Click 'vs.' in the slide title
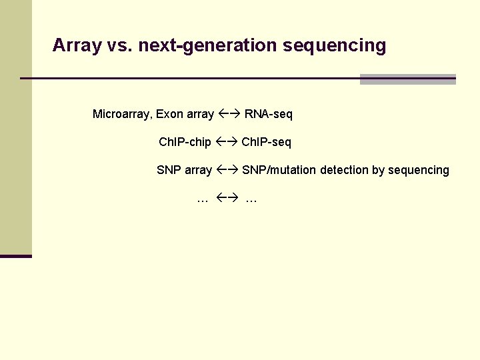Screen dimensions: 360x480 coord(119,45)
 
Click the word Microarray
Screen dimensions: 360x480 coord(122,114)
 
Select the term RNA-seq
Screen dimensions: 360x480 coord(268,114)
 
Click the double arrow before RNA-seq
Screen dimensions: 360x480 coord(229,114)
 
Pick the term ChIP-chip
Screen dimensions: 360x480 coord(185,142)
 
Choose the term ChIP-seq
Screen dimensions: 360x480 coord(266,142)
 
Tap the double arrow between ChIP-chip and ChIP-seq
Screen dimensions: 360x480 coord(226,142)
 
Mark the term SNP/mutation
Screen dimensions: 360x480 coord(279,170)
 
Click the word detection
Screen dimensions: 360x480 coord(344,170)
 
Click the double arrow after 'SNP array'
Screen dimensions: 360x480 coord(227,170)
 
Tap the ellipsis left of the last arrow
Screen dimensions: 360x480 coord(203,199)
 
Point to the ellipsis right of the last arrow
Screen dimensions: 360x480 coord(251,199)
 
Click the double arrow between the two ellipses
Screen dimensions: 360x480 coord(227,198)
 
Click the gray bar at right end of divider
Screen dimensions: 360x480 coord(407,79)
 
